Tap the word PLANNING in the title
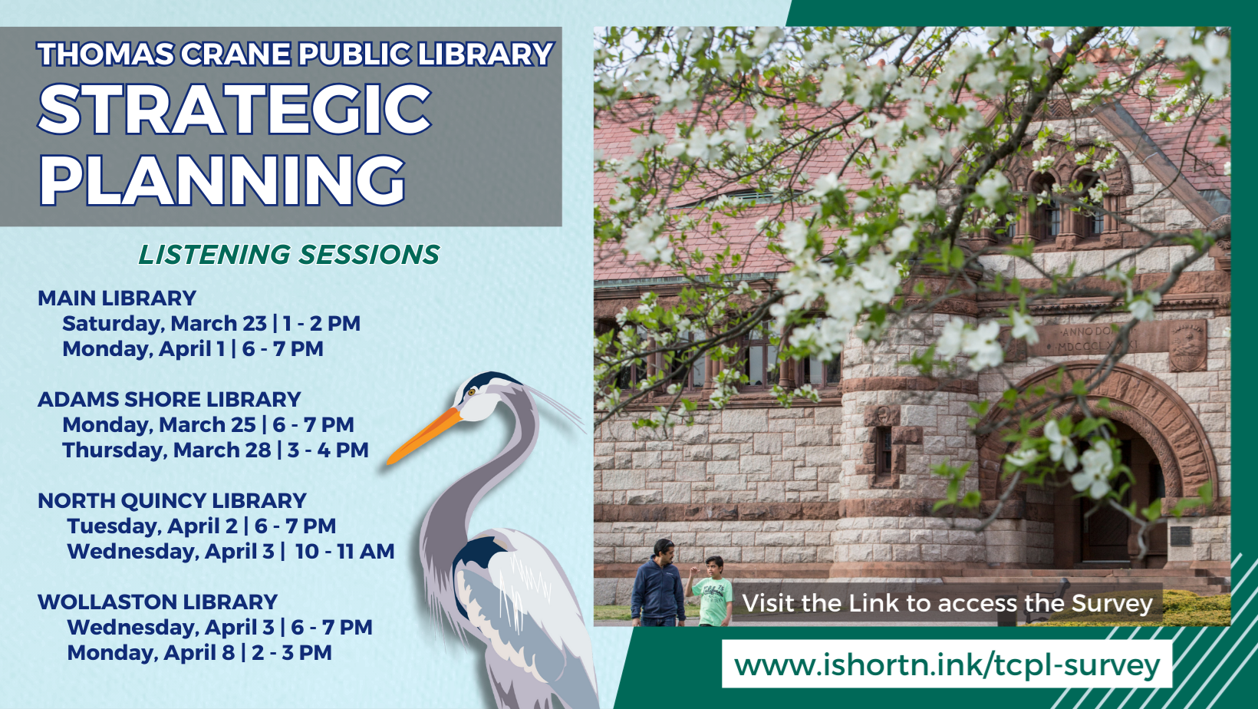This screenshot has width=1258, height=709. pyautogui.click(x=222, y=180)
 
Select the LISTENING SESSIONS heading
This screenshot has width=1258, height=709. pyautogui.click(x=288, y=255)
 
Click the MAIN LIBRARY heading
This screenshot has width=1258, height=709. pyautogui.click(x=117, y=298)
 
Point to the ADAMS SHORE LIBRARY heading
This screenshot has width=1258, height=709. pyautogui.click(x=169, y=400)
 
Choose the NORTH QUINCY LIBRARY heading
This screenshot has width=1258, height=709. pyautogui.click(x=172, y=500)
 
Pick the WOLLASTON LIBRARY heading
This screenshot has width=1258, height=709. pyautogui.click(x=157, y=602)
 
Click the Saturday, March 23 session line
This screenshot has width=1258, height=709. pyautogui.click(x=211, y=324)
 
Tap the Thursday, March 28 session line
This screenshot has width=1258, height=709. pyautogui.click(x=215, y=450)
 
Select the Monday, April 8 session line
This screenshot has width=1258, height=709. pyautogui.click(x=199, y=653)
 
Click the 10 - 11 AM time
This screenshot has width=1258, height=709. pyautogui.click(x=345, y=551)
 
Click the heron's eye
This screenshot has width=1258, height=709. pyautogui.click(x=472, y=391)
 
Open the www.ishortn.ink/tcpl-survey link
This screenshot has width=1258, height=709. pyautogui.click(x=947, y=665)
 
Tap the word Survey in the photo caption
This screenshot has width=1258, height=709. pyautogui.click(x=1112, y=603)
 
